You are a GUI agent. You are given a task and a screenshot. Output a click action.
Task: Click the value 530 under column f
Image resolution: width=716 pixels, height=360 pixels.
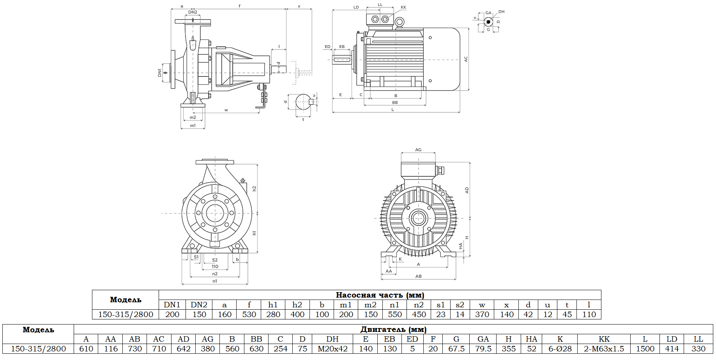pyautogui.click(x=249, y=314)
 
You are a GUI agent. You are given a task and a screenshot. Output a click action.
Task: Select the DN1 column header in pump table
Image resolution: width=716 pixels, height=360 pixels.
pyautogui.click(x=172, y=305)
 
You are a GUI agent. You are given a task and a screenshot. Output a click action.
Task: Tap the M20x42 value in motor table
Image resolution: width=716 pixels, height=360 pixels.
pyautogui.click(x=332, y=349)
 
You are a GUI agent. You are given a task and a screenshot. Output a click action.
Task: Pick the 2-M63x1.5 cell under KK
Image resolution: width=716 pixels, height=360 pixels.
pyautogui.click(x=604, y=349)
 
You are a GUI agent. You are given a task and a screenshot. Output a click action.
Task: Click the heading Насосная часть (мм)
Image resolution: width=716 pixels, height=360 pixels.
pyautogui.click(x=380, y=295)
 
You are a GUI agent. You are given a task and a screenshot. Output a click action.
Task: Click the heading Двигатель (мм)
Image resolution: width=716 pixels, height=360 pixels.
pyautogui.click(x=393, y=330)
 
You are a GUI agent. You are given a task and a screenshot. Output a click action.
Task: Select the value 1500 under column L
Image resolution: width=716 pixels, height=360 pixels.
pyautogui.click(x=645, y=349)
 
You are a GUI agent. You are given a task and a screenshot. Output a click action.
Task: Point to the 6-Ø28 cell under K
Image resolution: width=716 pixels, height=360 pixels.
pyautogui.click(x=560, y=349)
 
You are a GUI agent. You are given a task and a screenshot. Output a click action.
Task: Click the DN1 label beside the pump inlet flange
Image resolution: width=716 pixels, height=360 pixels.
pyautogui.click(x=159, y=73)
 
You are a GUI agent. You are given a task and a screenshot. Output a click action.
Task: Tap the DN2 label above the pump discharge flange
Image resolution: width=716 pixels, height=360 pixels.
pyautogui.click(x=193, y=12)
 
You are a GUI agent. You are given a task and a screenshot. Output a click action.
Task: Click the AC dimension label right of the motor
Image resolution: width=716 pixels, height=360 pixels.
pyautogui.click(x=465, y=59)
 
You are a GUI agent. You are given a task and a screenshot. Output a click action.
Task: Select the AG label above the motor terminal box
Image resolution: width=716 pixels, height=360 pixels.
pyautogui.click(x=418, y=150)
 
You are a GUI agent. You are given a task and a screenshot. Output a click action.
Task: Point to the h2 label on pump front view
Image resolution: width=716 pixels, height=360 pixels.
pyautogui.click(x=254, y=188)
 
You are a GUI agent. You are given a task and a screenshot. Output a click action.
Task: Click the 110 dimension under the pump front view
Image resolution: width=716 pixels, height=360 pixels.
pyautogui.click(x=215, y=267)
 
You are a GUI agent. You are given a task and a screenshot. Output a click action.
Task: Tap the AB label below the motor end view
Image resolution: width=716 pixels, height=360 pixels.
pyautogui.click(x=418, y=276)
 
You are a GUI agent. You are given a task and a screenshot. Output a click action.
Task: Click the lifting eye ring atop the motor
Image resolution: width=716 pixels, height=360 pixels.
pyautogui.click(x=399, y=23)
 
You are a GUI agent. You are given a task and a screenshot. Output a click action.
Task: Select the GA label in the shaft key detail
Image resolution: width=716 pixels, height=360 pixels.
pyautogui.click(x=488, y=13)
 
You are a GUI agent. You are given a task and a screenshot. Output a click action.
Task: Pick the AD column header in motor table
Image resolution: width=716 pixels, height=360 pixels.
pyautogui.click(x=183, y=339)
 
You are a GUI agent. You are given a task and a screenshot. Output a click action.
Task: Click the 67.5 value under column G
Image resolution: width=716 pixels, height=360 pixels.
pyautogui.click(x=456, y=349)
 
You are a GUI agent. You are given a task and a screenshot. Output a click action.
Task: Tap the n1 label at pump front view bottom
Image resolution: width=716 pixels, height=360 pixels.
pyautogui.click(x=215, y=281)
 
